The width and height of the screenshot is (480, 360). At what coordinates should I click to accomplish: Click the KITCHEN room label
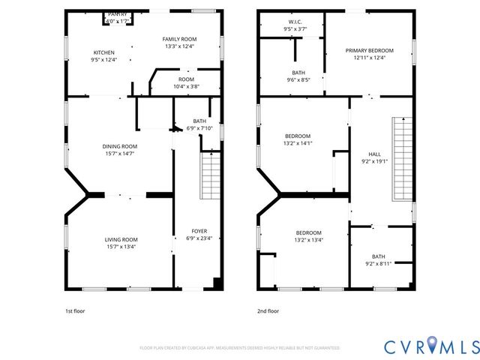click(103, 52)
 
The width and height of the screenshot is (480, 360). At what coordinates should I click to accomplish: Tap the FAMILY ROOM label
click(179, 39)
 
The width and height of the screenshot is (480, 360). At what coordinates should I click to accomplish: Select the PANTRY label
click(117, 14)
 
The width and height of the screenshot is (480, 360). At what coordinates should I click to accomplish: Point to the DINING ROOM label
click(120, 146)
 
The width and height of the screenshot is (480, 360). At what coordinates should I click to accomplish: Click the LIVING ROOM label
click(120, 239)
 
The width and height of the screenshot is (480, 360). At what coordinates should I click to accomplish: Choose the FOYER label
click(199, 231)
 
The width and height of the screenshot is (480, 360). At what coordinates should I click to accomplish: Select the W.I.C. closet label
click(295, 22)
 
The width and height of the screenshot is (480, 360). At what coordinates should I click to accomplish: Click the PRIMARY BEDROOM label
click(365, 51)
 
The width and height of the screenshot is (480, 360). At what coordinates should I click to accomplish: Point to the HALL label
click(374, 154)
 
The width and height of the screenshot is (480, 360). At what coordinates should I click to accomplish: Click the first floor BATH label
click(199, 121)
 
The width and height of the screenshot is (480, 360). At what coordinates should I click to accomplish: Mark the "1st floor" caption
click(75, 310)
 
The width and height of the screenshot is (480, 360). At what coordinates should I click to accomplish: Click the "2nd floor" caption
click(268, 310)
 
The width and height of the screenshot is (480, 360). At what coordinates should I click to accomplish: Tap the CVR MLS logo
click(430, 346)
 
